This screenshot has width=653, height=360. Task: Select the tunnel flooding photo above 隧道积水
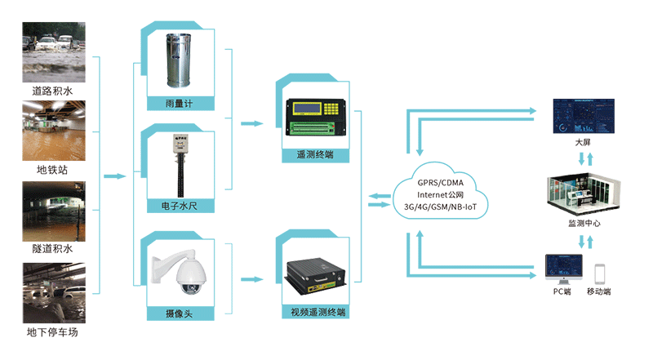(x=52, y=211)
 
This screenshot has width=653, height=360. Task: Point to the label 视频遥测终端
(x=318, y=312)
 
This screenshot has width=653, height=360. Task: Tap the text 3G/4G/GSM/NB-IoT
(x=440, y=208)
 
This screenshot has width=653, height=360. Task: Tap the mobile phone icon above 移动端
(x=600, y=273)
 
